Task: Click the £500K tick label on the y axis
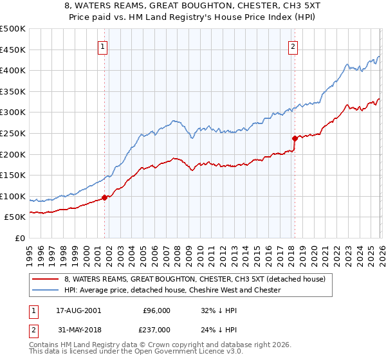13,29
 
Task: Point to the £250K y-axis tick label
13,133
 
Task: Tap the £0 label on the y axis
21,238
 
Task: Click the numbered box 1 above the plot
104,46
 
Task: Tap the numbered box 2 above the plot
293,46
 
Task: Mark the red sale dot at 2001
104,197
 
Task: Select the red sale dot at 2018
295,138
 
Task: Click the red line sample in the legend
45,280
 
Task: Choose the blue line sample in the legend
45,291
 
